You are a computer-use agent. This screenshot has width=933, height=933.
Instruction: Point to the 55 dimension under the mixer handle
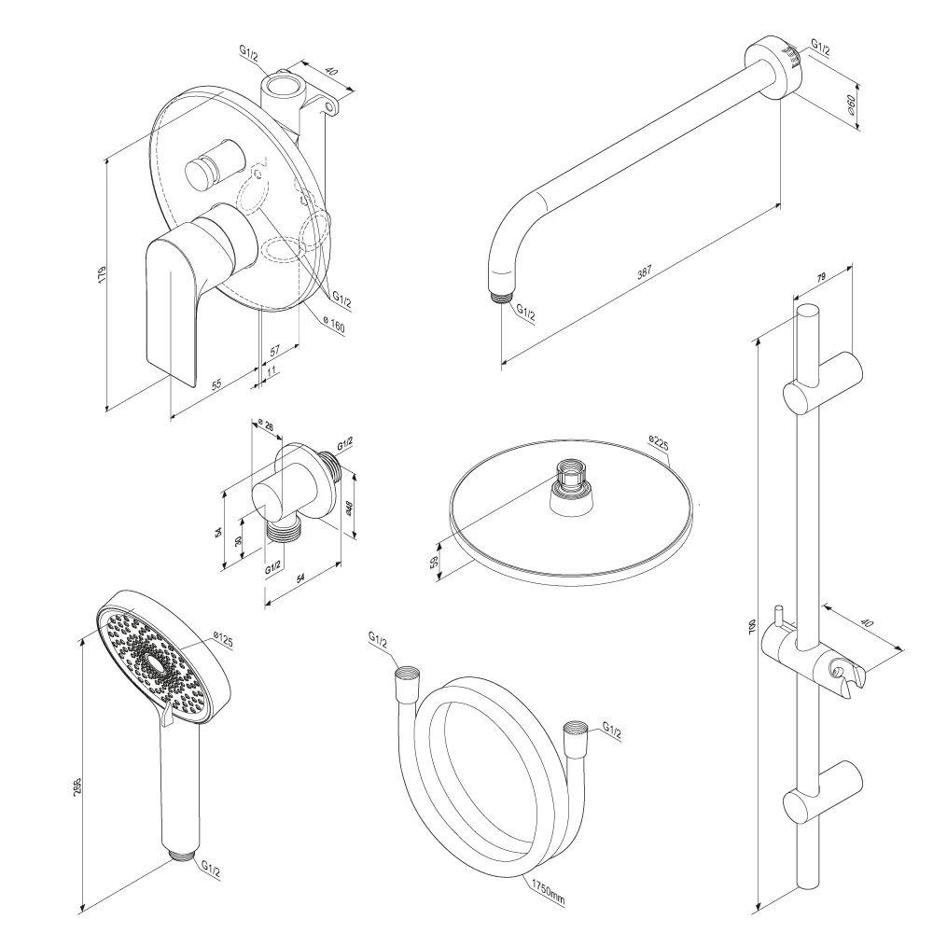tap(215, 383)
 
